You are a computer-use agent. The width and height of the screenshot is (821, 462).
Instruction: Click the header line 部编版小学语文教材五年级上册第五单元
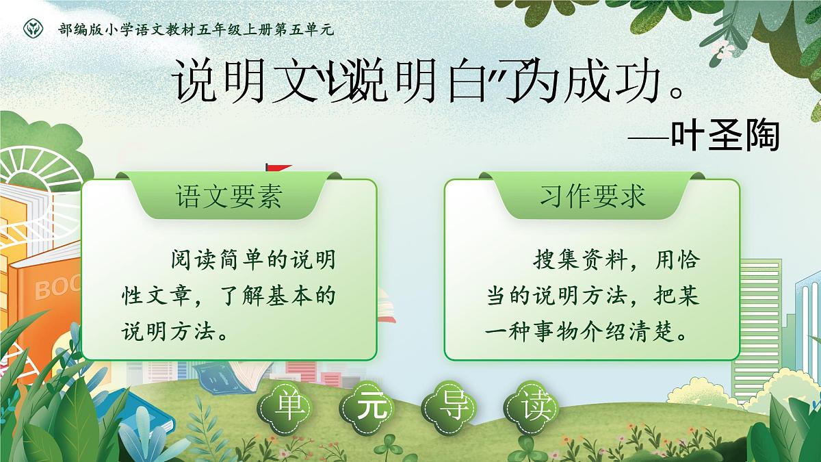(x=196, y=29)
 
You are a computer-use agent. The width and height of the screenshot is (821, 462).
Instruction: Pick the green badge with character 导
(x=449, y=409)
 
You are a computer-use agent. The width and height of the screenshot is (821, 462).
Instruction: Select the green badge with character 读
(x=531, y=409)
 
